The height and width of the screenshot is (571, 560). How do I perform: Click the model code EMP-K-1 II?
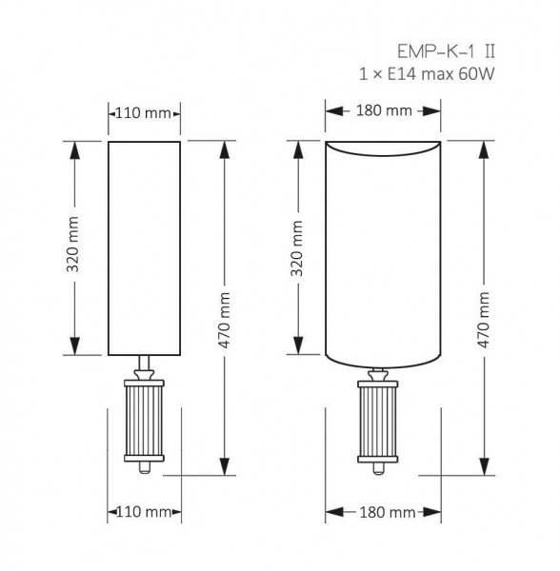(447, 51)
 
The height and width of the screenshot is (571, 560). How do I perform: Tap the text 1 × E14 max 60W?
(427, 74)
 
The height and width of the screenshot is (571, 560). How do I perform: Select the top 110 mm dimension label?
(143, 113)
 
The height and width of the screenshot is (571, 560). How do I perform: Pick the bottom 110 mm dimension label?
(144, 512)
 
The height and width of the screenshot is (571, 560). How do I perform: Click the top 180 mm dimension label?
(384, 110)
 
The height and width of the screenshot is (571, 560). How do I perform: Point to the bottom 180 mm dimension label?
(388, 513)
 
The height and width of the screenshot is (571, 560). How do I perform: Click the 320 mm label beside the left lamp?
(73, 245)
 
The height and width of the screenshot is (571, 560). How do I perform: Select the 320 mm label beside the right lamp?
(297, 248)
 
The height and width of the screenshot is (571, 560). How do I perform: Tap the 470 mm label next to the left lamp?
(225, 320)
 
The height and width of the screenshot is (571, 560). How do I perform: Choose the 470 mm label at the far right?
(484, 320)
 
